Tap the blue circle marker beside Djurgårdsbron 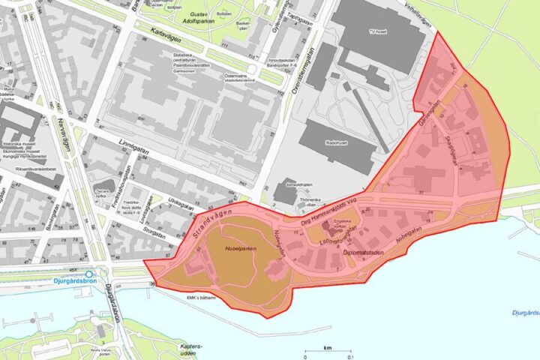[x=90, y=274]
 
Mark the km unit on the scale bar [x=328, y=348]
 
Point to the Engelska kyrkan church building [x=328, y=234]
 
